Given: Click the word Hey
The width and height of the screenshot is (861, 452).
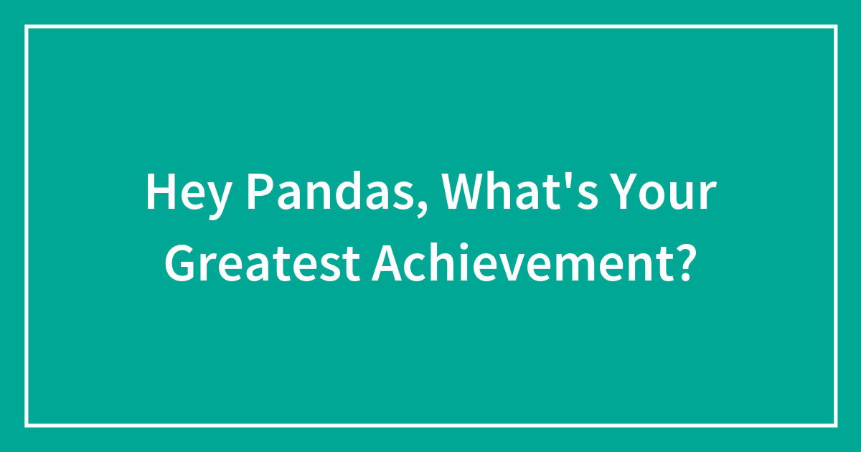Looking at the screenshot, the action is click(x=188, y=195).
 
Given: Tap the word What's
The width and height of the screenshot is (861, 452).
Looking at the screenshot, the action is click(x=519, y=191).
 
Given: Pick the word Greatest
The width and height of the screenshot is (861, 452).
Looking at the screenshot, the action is click(x=263, y=263).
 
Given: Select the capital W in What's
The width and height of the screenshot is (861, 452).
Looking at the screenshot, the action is click(x=464, y=192).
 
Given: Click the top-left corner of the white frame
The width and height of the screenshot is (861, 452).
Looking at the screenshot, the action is click(x=27, y=27).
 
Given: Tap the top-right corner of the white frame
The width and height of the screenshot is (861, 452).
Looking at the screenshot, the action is click(x=836, y=27).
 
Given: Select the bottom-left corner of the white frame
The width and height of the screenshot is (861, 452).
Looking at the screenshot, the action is click(x=27, y=425).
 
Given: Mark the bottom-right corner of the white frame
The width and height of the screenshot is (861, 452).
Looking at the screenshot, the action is click(x=836, y=425).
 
